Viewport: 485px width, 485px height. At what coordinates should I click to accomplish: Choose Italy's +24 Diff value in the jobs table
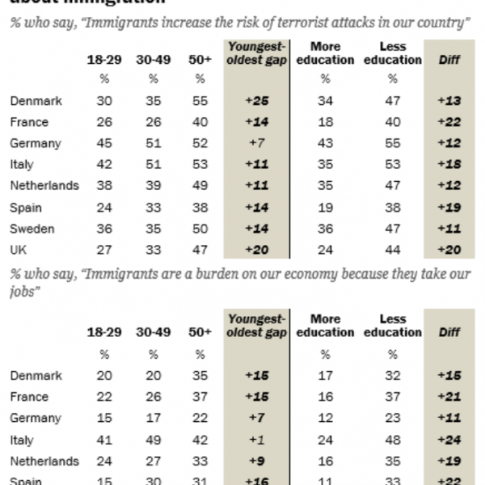point(449,440)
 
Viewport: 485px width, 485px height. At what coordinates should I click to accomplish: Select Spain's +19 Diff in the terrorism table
point(449,208)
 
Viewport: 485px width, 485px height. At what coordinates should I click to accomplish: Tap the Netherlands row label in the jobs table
point(44,462)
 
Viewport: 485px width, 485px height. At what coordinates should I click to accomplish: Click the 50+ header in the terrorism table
point(200,61)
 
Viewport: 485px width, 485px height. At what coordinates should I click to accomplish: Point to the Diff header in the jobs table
point(449,332)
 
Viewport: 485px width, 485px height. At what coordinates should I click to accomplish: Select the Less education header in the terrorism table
point(392,53)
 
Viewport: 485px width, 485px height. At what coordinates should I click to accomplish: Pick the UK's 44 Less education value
point(392,250)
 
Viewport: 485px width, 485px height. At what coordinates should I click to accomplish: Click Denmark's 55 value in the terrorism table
point(200,101)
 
